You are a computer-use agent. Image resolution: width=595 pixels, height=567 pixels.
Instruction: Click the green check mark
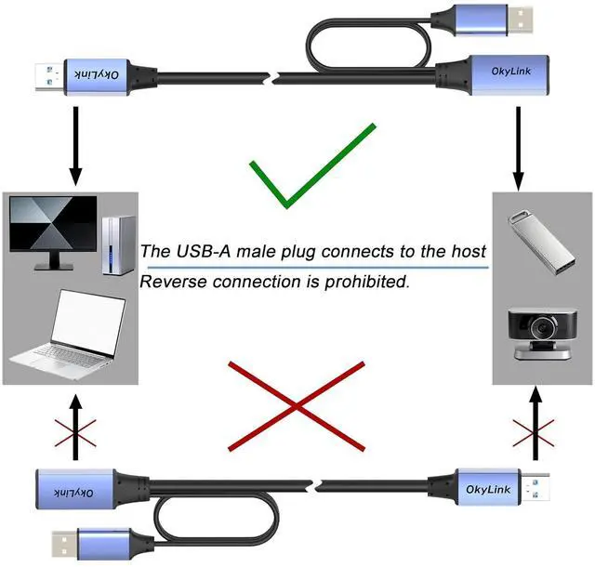[x=307, y=167]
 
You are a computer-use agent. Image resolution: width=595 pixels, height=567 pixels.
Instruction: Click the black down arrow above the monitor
[x=75, y=149]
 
